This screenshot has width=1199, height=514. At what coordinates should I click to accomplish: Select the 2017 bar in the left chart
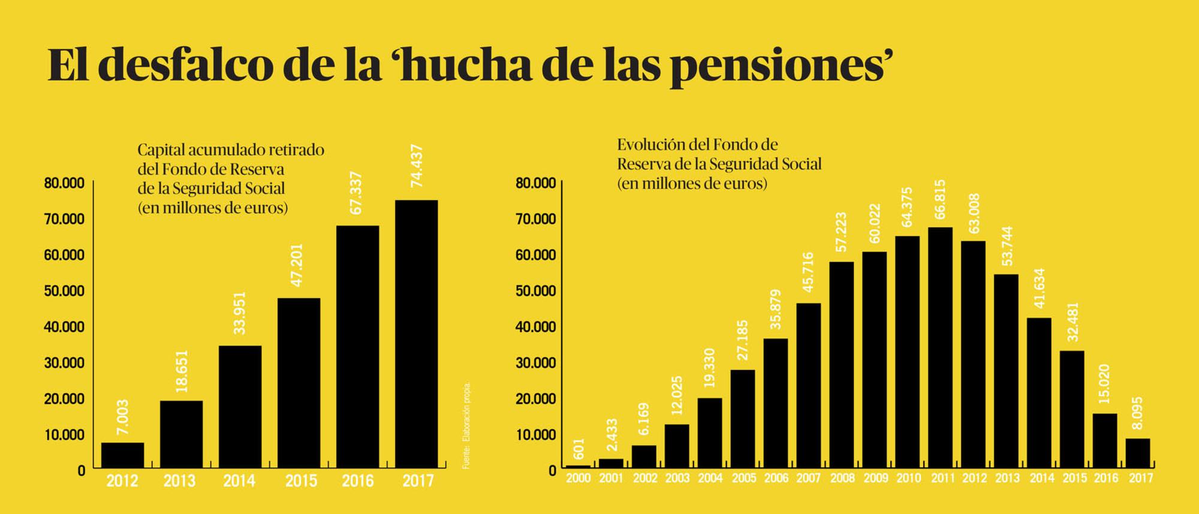click(x=416, y=333)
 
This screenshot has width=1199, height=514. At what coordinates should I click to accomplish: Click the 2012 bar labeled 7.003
click(x=122, y=455)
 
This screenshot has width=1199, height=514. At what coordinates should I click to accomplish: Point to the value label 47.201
click(x=298, y=264)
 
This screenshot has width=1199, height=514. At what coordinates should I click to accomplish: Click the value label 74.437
click(x=417, y=166)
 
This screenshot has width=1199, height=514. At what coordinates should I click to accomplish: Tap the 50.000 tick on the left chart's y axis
click(x=64, y=291)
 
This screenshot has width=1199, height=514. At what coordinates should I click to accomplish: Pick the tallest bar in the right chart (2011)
click(x=940, y=347)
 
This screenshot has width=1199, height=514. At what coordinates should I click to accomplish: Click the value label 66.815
click(x=940, y=200)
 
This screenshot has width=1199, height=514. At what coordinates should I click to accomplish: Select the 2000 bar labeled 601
click(x=578, y=466)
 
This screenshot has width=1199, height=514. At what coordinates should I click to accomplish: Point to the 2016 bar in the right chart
click(x=1105, y=440)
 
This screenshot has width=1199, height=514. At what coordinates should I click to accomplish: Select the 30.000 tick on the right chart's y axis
click(x=535, y=363)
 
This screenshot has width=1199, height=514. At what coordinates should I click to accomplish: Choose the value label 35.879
click(x=776, y=309)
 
